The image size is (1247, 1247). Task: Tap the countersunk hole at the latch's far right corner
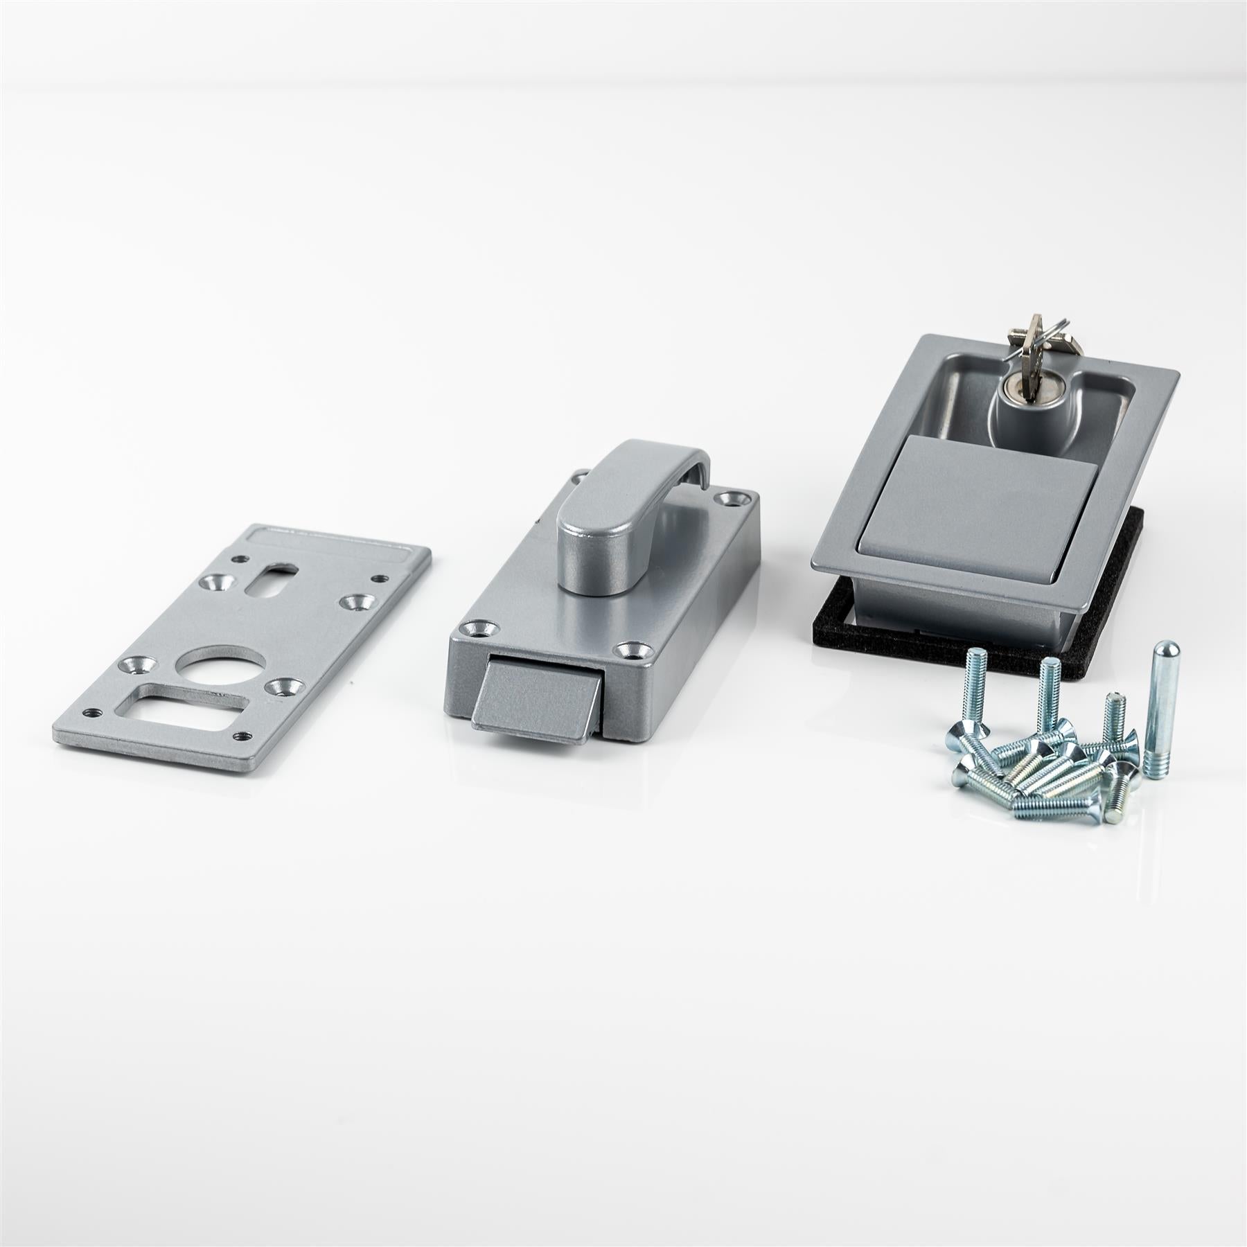pyautogui.click(x=733, y=497)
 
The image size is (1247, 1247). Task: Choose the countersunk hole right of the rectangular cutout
pyautogui.click(x=285, y=687)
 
